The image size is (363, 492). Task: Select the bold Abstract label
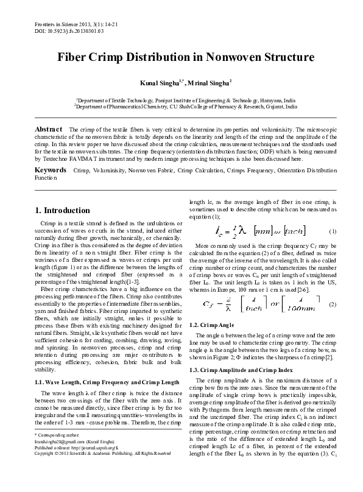pyautogui.click(x=49, y=130)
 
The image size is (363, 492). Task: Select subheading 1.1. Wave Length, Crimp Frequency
pyautogui.click(x=107, y=381)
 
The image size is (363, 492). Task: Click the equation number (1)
pyautogui.click(x=332, y=231)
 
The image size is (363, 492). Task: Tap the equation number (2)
pyautogui.click(x=332, y=304)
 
